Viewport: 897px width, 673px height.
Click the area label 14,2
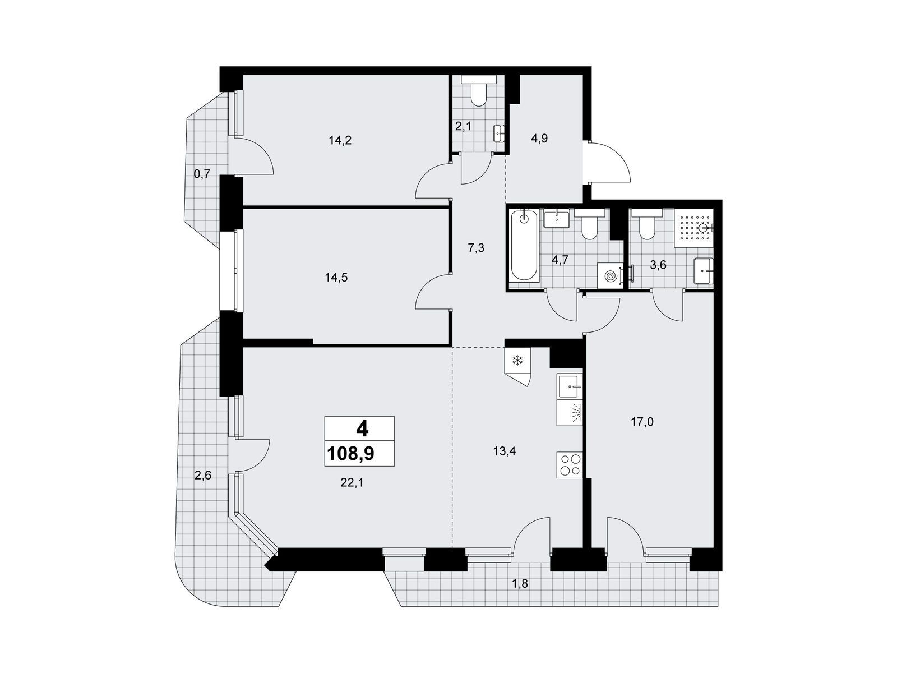point(340,141)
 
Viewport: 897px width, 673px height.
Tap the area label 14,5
point(336,278)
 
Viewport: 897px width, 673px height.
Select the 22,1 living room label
point(352,482)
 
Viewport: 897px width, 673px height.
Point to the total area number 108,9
point(350,454)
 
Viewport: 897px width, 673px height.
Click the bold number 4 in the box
point(362,429)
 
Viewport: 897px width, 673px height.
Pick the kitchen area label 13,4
point(504,451)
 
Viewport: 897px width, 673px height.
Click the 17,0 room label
point(642,422)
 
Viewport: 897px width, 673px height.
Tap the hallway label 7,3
point(476,248)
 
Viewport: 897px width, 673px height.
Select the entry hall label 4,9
point(539,139)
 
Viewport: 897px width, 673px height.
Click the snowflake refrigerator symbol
point(518,361)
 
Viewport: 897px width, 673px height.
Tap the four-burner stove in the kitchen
point(569,465)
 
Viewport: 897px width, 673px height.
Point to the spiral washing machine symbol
point(610,276)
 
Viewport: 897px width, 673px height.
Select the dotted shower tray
point(694,228)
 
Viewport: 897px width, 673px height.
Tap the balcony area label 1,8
point(520,583)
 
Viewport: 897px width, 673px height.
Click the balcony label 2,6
point(203,476)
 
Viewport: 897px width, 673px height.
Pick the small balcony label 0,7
point(202,174)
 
